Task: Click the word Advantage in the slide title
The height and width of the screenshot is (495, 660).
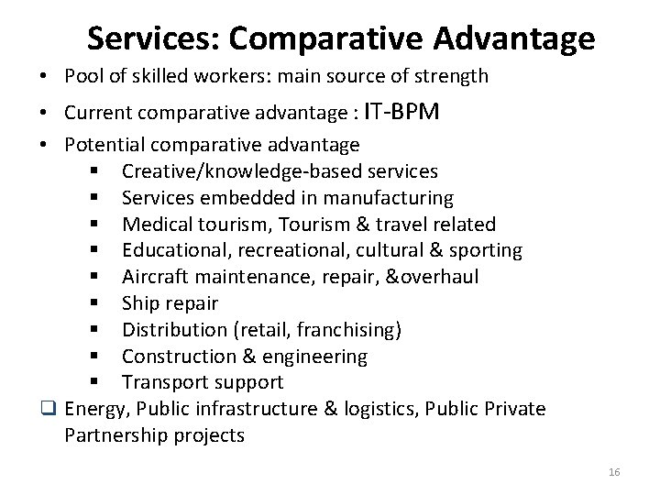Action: [514, 38]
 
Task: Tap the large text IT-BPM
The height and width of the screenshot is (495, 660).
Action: [401, 112]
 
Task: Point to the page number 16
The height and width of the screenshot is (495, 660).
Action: [614, 472]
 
